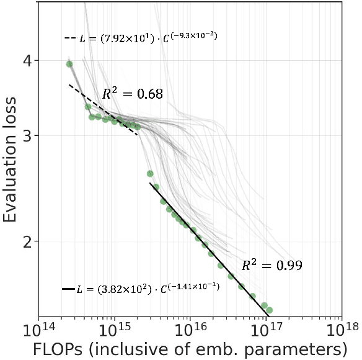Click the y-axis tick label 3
click(29, 136)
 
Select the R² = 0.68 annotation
click(132, 95)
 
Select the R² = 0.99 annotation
click(271, 266)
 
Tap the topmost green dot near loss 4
click(69, 64)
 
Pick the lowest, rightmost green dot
click(269, 310)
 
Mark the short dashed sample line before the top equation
click(69, 38)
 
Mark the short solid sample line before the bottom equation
click(68, 289)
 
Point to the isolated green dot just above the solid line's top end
click(150, 174)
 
